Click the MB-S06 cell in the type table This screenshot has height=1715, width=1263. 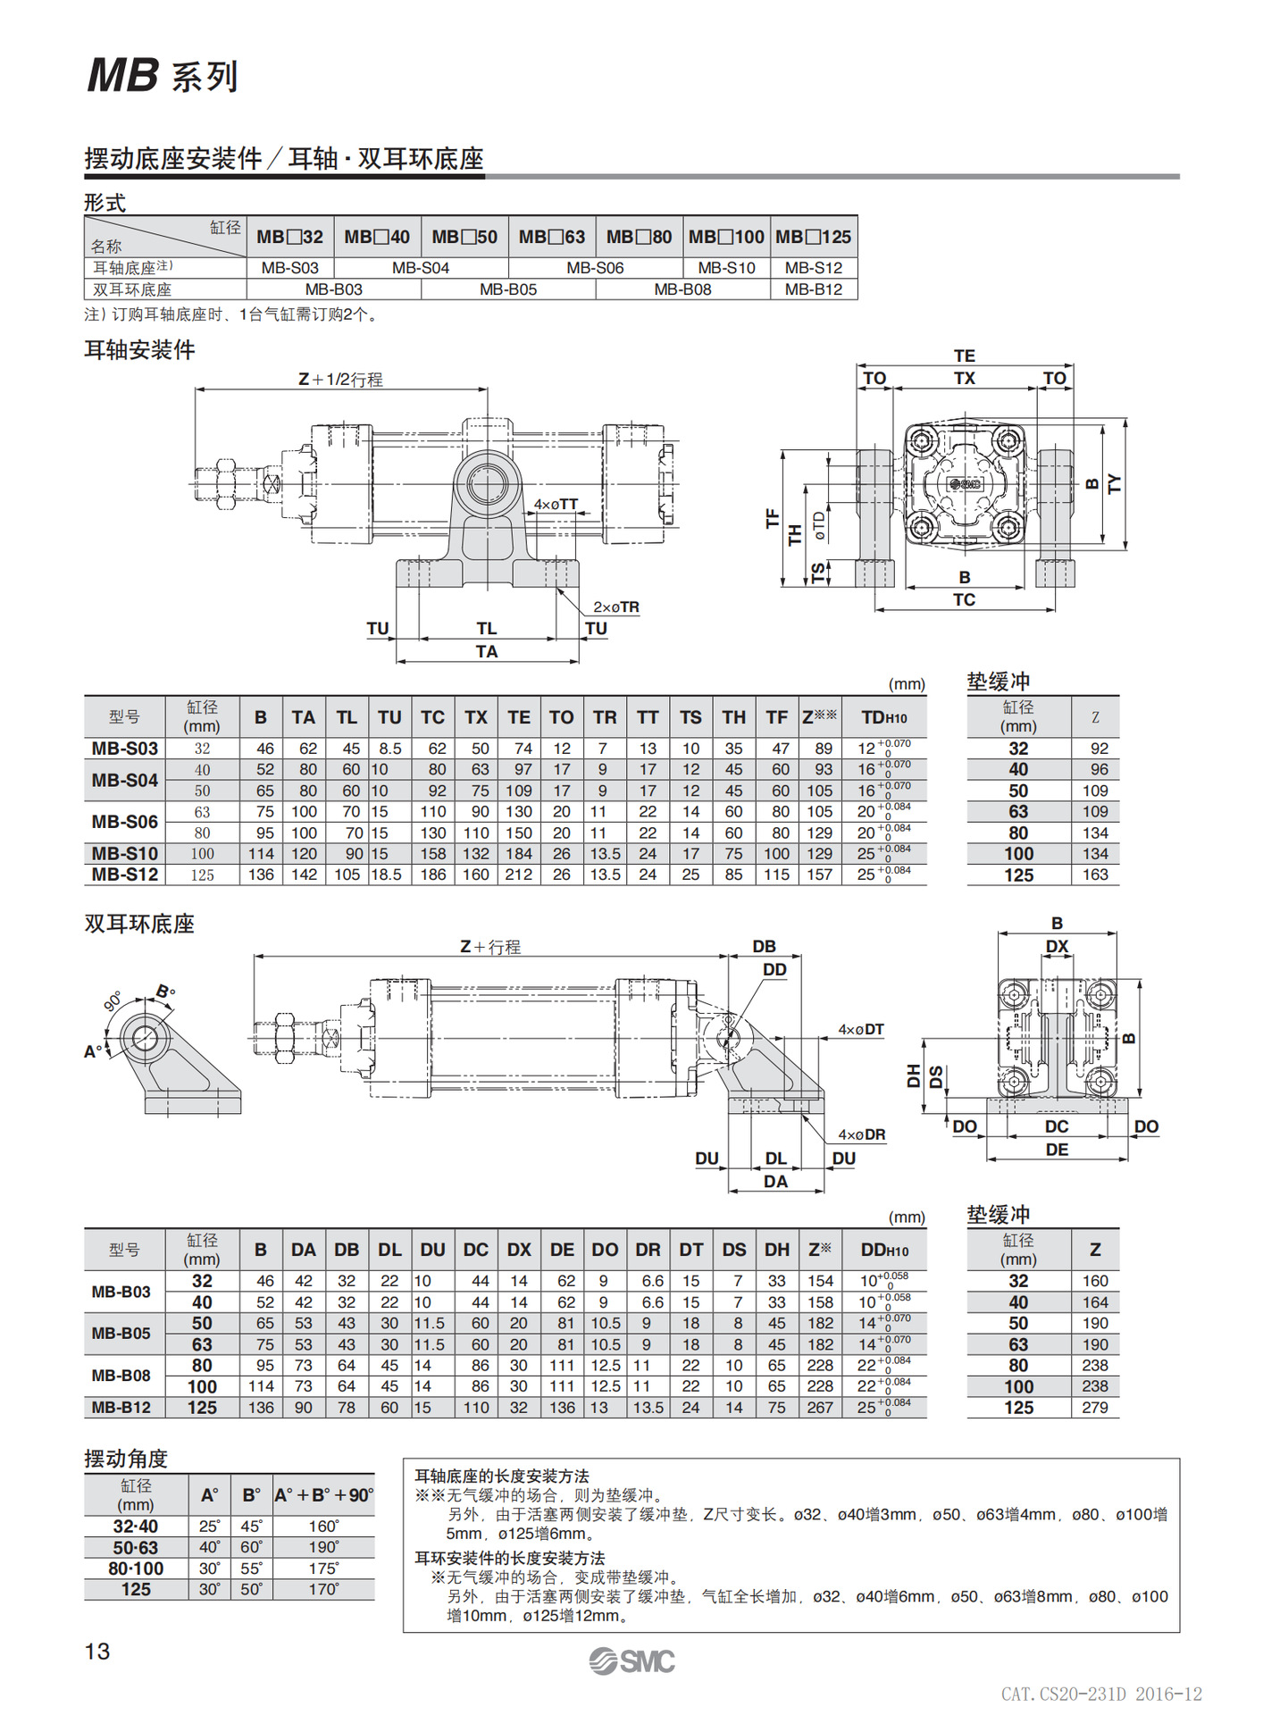coord(595,267)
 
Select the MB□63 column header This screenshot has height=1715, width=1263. coord(551,237)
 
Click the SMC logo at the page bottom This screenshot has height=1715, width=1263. coord(631,1661)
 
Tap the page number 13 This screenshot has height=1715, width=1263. coord(97,1651)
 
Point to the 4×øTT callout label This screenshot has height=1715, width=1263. coord(556,505)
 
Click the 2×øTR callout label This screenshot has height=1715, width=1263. coord(615,607)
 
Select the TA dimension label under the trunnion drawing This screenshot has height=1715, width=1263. coord(487,651)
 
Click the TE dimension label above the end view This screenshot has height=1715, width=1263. coord(964,356)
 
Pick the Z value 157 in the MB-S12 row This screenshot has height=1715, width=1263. coord(819,874)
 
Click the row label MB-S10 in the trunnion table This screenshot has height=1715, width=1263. coord(124,853)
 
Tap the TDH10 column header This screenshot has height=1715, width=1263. coord(883,717)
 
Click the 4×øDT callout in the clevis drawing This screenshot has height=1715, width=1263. coord(860,1029)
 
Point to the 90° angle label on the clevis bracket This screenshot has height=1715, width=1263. coord(113,1001)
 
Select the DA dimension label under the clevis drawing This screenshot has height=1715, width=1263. coord(775,1181)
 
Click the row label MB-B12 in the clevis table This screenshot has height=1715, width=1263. coord(121,1407)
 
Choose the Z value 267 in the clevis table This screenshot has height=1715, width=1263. coord(819,1407)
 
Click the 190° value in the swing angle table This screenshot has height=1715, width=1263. coord(323,1547)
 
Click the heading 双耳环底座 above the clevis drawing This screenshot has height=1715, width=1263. coord(139,924)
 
